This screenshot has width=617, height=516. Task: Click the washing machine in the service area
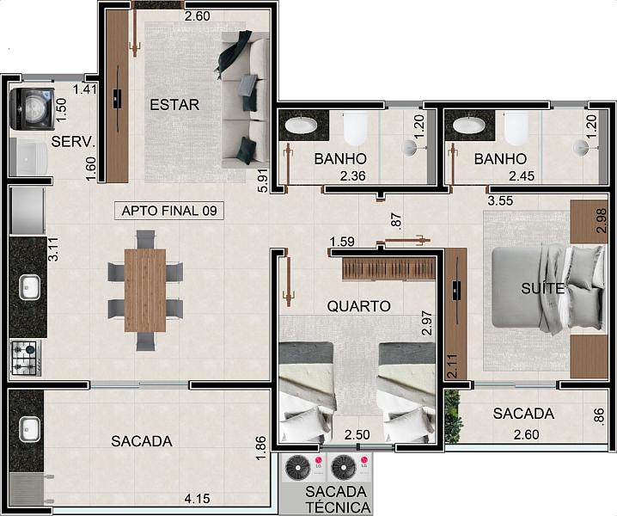click(33, 109)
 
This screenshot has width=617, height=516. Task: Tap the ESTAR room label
click(174, 105)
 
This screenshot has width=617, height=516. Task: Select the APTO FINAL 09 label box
click(168, 211)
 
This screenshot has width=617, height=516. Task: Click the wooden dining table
click(145, 290)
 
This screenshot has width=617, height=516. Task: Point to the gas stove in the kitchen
click(26, 358)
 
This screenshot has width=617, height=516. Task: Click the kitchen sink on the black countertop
click(30, 287)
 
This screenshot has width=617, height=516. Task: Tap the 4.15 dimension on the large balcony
click(197, 499)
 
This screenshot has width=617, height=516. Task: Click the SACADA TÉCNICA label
click(338, 500)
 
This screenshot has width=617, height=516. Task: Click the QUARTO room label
click(359, 306)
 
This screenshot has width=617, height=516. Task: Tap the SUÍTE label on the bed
click(542, 288)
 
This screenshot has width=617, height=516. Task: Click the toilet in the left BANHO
click(356, 128)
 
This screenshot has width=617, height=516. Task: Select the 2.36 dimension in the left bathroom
click(353, 176)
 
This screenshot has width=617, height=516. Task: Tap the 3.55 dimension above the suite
click(500, 200)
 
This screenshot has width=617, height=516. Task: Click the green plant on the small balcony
click(453, 417)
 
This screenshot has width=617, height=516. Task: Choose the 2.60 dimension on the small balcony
click(527, 434)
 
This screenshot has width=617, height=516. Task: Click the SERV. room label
click(74, 141)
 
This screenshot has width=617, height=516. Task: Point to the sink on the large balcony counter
click(30, 429)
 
